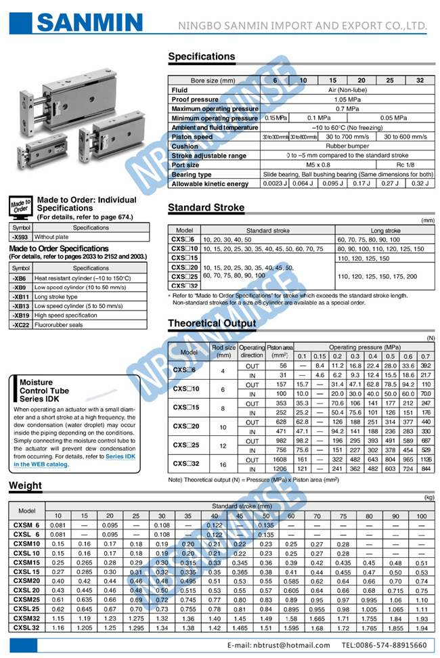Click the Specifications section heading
coord(202,57)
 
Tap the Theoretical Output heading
coord(212,324)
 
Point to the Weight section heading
coord(25,485)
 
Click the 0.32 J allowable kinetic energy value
coord(419,183)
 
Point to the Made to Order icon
coord(20,206)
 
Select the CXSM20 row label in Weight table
coord(27,580)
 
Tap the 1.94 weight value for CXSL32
coord(421,628)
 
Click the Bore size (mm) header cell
coord(213,81)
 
